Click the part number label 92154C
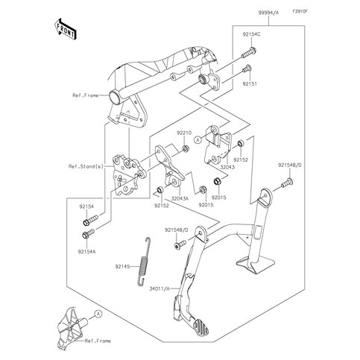[250, 34]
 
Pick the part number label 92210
[184, 132]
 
